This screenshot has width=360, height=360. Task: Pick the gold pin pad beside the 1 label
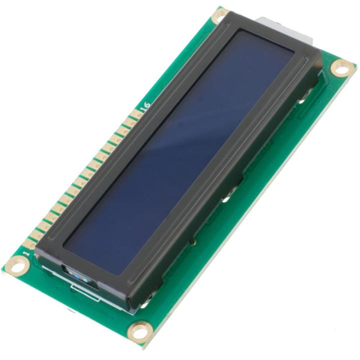pos(31,245)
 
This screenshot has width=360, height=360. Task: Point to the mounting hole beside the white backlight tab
pos(220,16)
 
